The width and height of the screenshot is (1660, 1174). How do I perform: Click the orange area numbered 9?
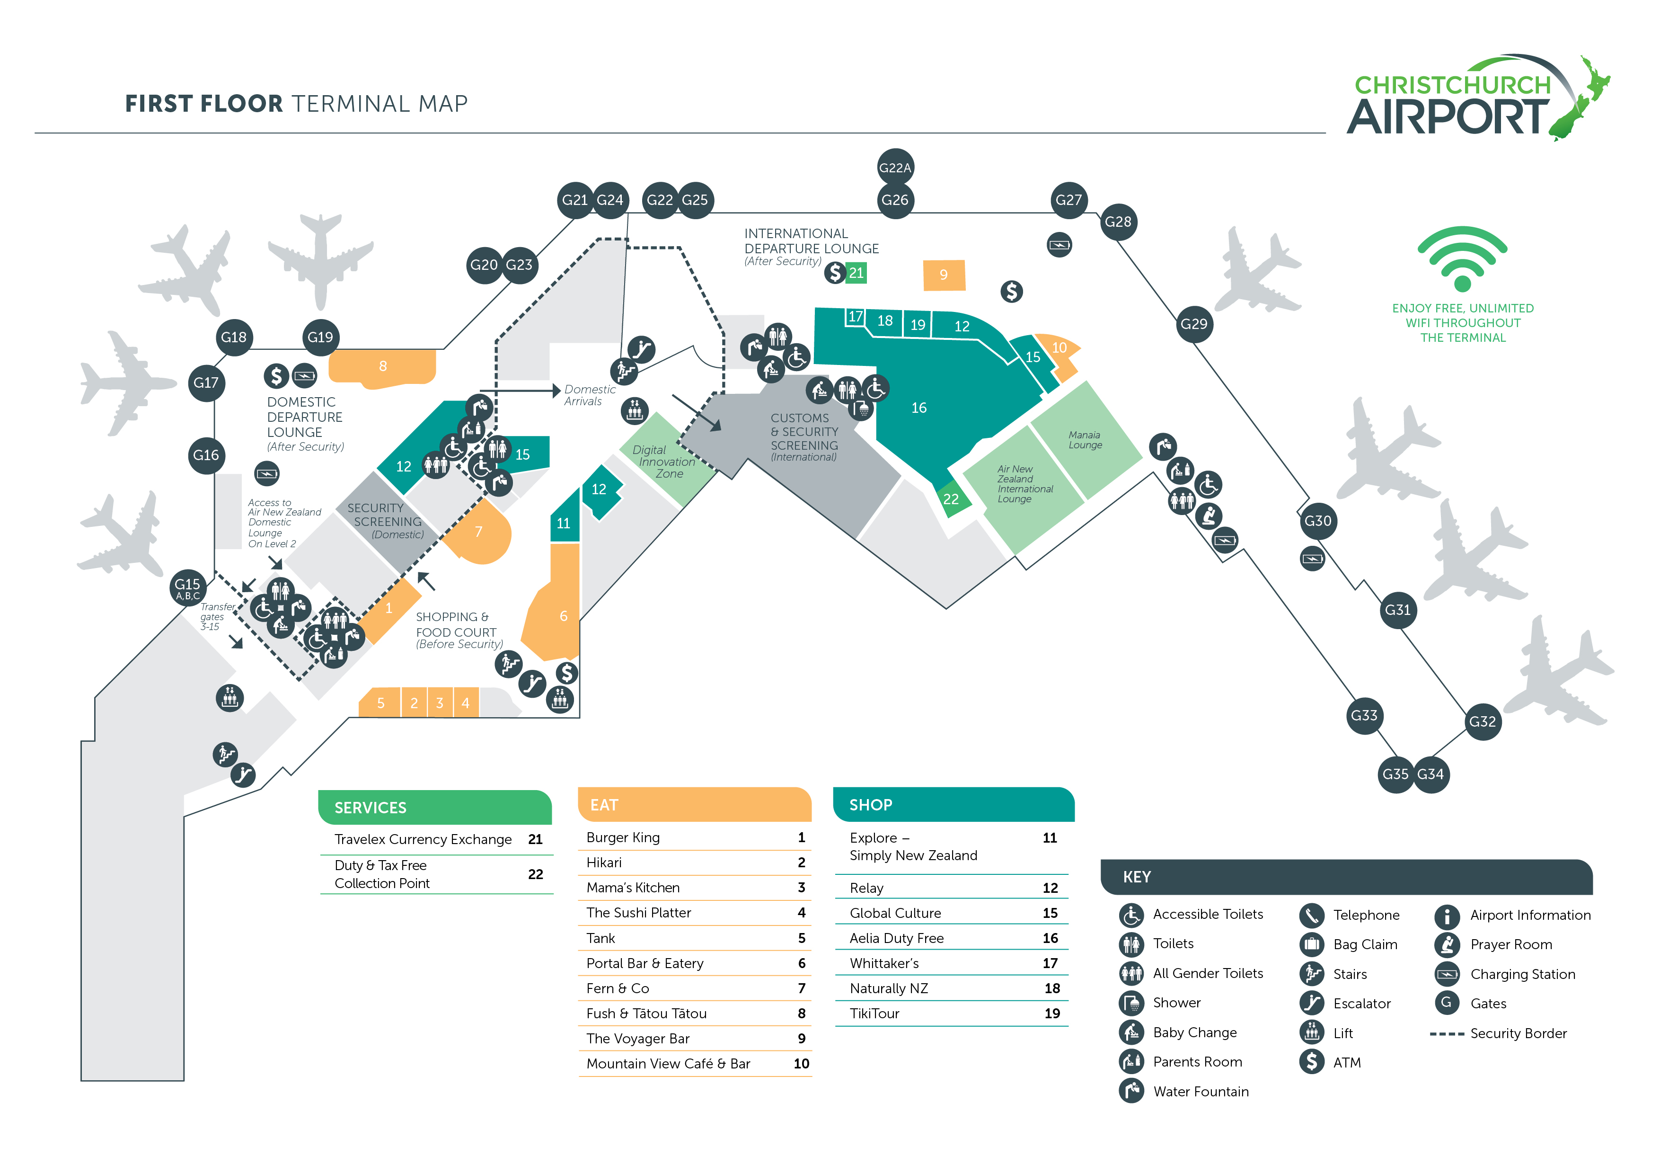tap(944, 275)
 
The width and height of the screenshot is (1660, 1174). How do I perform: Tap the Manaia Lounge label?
tap(1085, 440)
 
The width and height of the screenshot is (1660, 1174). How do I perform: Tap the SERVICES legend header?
tap(370, 808)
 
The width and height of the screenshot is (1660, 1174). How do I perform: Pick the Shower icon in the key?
tap(1131, 1003)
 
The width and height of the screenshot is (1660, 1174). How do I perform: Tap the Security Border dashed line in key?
tap(1446, 1034)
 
